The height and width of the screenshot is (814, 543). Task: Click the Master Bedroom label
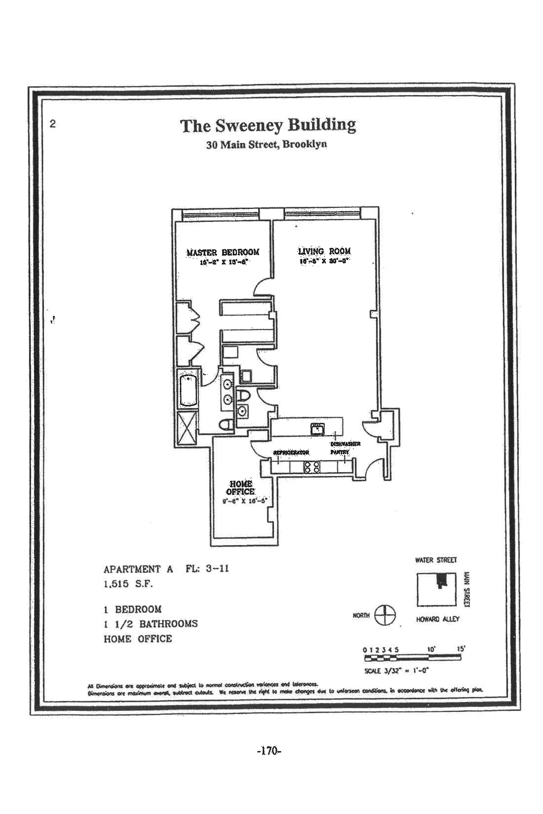coord(223,252)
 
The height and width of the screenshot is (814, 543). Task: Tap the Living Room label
coord(324,251)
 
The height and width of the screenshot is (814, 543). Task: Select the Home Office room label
coord(240,488)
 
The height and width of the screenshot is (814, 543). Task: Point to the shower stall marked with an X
coord(187,428)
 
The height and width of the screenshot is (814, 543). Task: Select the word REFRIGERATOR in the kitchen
coord(291,452)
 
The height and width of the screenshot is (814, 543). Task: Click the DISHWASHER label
coord(345,444)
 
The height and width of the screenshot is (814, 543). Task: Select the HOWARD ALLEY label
coord(437,619)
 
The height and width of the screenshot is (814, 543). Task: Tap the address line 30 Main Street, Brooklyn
coord(266,144)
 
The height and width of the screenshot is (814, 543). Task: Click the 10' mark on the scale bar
coord(431,650)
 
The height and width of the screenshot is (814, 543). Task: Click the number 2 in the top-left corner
coord(53,124)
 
